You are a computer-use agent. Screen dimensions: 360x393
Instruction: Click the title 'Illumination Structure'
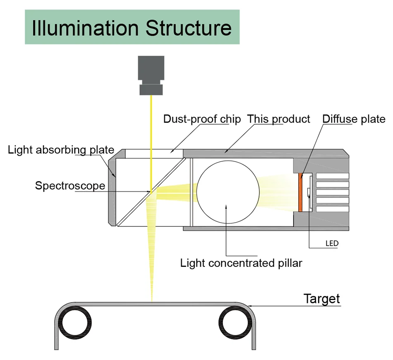(x=132, y=28)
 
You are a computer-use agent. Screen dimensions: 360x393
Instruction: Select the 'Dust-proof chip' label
(x=202, y=119)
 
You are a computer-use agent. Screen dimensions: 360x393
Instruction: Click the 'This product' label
(x=278, y=119)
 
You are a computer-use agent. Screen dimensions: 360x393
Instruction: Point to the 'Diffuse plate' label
(x=354, y=119)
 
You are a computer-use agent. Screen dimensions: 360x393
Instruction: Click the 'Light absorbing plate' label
(x=61, y=149)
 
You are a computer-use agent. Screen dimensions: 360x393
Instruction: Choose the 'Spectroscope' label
(x=70, y=185)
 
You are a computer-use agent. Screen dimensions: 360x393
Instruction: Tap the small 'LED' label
(x=331, y=244)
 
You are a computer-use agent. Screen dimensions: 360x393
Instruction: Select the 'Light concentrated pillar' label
(x=241, y=263)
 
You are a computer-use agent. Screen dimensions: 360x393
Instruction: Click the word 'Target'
(x=321, y=298)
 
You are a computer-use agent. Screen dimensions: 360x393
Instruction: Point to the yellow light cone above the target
(x=152, y=257)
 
